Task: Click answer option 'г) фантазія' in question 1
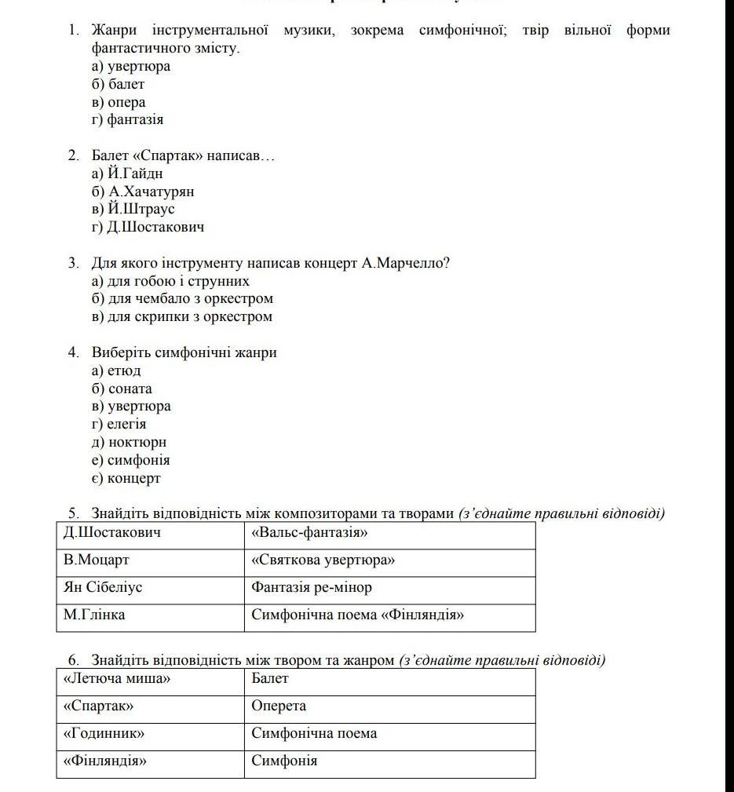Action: (128, 120)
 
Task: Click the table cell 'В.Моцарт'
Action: (97, 560)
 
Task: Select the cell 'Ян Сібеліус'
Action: (103, 587)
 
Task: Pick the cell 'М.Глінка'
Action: (94, 615)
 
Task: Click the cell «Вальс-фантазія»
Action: (310, 533)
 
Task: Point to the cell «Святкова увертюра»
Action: (323, 560)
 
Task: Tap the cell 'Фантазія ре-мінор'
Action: (312, 587)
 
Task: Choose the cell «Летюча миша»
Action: (117, 679)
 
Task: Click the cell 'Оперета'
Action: (279, 706)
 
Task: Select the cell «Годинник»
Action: (104, 734)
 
